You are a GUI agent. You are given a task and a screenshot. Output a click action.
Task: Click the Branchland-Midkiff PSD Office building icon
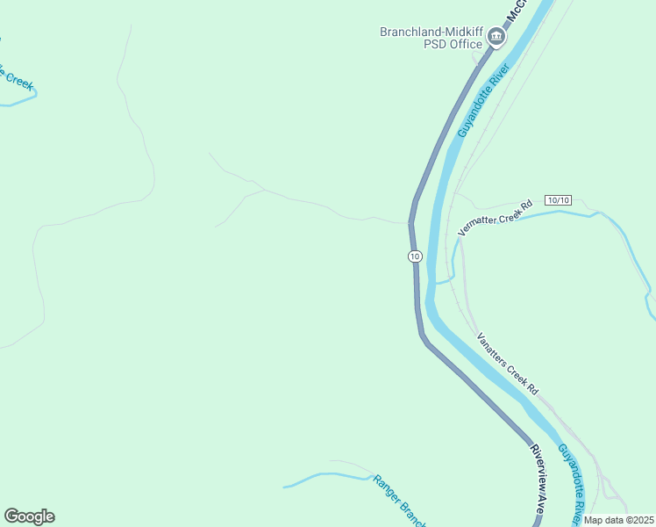point(496,37)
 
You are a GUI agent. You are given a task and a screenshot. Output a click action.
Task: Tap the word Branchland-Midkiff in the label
point(431,32)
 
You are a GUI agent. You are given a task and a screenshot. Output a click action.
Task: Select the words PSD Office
point(453,44)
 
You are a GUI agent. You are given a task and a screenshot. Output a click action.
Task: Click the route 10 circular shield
point(415,256)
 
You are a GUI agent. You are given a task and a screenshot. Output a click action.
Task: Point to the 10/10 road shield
point(557,200)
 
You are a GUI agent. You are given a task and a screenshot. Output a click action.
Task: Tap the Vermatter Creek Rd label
point(496,219)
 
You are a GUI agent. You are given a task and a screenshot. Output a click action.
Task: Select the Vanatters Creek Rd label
point(507,363)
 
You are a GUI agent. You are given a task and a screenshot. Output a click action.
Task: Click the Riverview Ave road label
point(541,478)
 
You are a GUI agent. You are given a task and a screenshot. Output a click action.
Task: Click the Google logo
point(29,516)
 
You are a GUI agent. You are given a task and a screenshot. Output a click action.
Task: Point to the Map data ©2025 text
point(619,520)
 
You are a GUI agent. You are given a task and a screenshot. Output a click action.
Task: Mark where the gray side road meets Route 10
point(410,222)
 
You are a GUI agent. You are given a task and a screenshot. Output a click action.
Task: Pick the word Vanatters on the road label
point(492,350)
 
